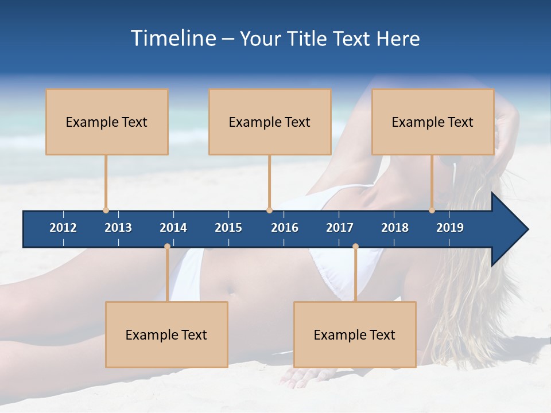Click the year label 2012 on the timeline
63,228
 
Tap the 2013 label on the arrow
118,228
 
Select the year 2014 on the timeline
173,228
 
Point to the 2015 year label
228,228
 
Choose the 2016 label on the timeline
285,228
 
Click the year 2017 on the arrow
340,228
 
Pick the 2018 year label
395,228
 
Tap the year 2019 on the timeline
450,228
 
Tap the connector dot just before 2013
106,210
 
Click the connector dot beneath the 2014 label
167,247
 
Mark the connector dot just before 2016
269,210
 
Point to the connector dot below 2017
355,247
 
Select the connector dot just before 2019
432,210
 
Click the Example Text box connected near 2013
107,122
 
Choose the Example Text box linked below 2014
166,334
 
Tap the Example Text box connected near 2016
270,122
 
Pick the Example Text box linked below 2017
355,334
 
